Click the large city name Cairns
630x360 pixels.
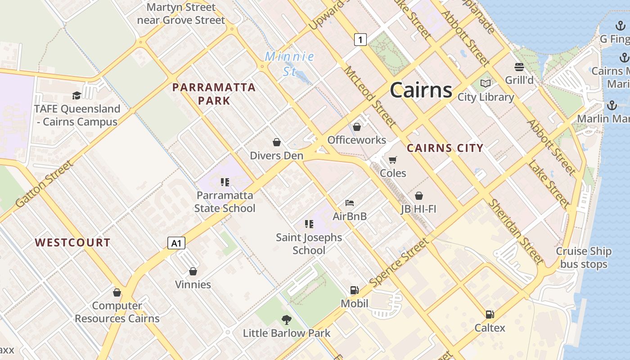421,90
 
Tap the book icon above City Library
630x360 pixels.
486,83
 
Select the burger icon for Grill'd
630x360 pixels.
519,67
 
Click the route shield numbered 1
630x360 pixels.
360,40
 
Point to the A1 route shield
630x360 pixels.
176,243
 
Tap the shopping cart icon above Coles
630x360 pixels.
393,160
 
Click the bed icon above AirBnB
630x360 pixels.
350,203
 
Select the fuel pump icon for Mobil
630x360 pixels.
355,290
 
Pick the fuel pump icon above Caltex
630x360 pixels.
490,315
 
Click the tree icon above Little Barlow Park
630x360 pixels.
287,320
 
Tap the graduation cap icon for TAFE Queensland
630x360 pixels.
77,95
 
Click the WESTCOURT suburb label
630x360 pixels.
72,243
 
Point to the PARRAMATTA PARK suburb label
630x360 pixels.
214,94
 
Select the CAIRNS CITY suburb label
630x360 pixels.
445,148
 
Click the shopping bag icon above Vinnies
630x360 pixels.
193,271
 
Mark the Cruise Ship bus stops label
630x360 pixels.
584,258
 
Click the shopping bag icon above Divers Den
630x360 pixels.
277,142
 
